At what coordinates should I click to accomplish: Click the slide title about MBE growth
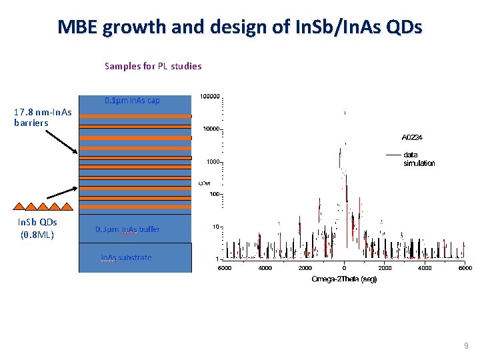[239, 27]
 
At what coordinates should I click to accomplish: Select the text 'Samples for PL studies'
[153, 66]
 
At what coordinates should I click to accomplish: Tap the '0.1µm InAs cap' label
[132, 101]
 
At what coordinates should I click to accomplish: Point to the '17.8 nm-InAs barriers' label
[43, 117]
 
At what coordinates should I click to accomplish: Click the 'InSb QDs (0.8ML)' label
[37, 228]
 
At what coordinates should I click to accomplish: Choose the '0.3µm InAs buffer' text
[127, 229]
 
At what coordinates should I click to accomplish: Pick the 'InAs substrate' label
[126, 258]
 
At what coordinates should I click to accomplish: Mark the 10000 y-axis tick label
[212, 129]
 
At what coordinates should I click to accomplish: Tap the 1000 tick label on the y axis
[214, 161]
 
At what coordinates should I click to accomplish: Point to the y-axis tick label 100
[215, 194]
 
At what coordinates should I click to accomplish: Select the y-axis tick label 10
[217, 227]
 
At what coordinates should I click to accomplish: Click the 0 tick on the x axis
[344, 269]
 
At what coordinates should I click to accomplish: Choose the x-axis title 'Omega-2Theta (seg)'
[344, 279]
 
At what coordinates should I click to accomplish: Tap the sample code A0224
[412, 137]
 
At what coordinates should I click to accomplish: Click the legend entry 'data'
[411, 155]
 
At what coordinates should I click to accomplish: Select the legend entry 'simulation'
[419, 163]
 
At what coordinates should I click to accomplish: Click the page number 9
[466, 346]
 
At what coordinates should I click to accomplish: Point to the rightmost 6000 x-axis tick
[465, 269]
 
